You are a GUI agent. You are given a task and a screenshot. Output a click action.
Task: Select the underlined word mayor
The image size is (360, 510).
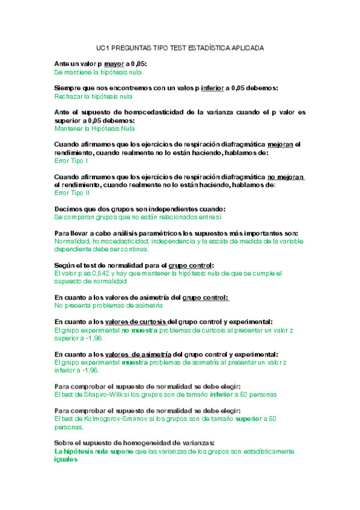click(x=113, y=63)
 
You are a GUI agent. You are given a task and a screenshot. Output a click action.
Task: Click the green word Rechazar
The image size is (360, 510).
click(x=69, y=96)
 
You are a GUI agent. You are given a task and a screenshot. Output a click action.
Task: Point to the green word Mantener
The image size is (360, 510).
click(x=69, y=129)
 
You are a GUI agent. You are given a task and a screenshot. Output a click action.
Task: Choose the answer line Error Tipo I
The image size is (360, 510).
click(x=72, y=161)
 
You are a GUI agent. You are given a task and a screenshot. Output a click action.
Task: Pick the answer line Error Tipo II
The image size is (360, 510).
click(x=72, y=193)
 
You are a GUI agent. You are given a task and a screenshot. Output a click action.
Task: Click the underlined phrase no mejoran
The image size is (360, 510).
click(x=286, y=177)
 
